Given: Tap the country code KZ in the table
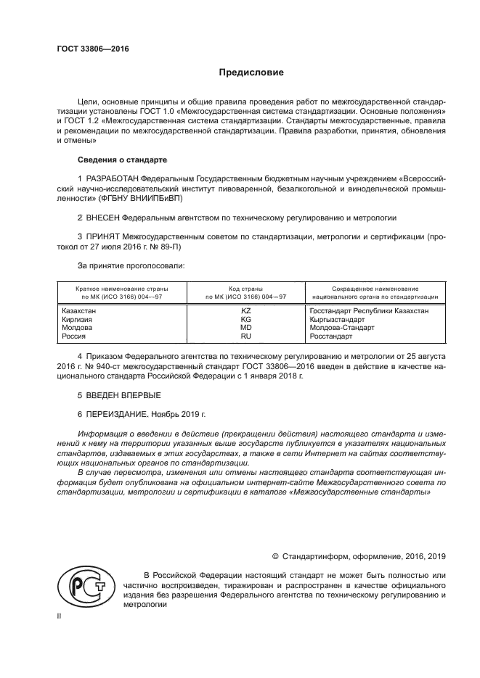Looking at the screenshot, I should pyautogui.click(x=245, y=310).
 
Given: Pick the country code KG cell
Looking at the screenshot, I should pyautogui.click(x=245, y=319).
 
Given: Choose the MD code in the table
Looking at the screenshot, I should pyautogui.click(x=245, y=328).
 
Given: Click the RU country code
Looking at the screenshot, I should pyautogui.click(x=245, y=336).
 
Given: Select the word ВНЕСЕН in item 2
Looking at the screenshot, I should pyautogui.click(x=102, y=217).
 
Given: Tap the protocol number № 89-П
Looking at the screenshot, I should pyautogui.click(x=163, y=246).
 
